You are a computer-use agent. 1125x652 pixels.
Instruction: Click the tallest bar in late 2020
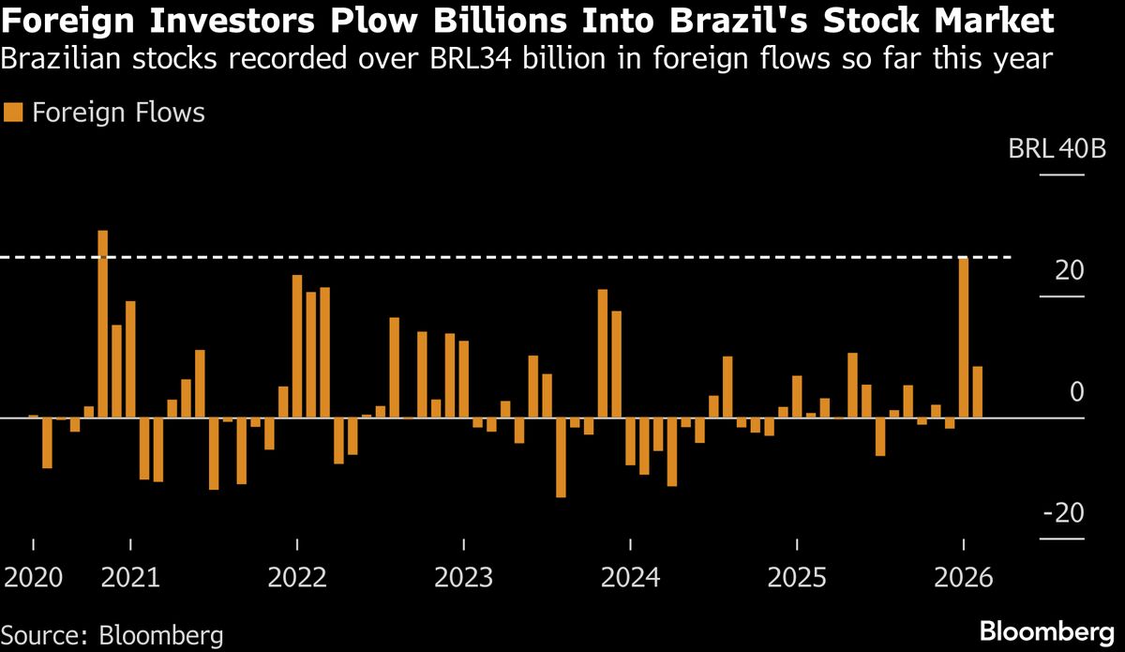[103, 324]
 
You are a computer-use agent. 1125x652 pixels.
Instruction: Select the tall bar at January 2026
[963, 338]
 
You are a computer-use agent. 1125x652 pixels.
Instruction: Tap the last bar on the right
[977, 392]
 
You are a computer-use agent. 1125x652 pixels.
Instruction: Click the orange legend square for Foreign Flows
[12, 114]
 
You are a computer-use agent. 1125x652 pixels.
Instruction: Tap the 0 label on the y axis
[1077, 392]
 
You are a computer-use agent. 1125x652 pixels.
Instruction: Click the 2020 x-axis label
[34, 577]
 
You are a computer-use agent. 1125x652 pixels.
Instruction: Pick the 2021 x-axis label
[131, 577]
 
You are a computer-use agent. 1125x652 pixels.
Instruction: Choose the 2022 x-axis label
[297, 577]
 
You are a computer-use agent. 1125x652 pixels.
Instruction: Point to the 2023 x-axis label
[464, 577]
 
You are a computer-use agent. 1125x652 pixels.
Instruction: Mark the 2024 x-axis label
[630, 577]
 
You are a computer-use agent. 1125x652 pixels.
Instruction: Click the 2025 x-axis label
[797, 577]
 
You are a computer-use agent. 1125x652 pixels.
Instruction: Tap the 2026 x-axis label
[963, 577]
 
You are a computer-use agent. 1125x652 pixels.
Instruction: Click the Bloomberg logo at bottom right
[1049, 629]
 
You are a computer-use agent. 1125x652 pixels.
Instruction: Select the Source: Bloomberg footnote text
[112, 635]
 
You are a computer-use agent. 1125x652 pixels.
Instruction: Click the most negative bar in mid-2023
[561, 457]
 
